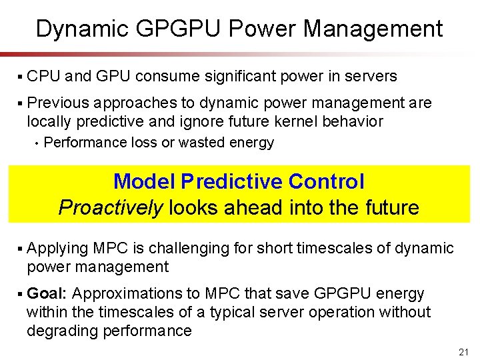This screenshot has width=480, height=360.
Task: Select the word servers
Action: pyautogui.click(x=371, y=77)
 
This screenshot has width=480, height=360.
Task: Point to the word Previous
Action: pyautogui.click(x=59, y=103)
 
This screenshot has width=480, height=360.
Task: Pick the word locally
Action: pyautogui.click(x=48, y=121)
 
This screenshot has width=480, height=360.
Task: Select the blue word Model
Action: pyautogui.click(x=144, y=181)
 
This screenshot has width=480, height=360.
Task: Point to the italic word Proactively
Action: pyautogui.click(x=110, y=208)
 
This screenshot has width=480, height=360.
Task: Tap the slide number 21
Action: pyautogui.click(x=464, y=351)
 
